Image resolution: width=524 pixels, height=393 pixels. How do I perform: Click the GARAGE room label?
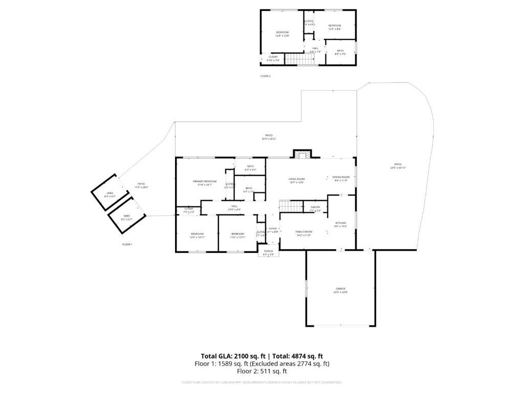(340, 289)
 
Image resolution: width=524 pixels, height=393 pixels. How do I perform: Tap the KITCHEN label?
(341, 223)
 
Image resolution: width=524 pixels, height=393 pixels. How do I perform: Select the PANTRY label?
(315, 207)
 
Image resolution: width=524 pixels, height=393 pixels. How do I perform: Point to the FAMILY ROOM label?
(304, 232)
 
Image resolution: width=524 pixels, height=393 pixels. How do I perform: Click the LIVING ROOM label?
(296, 179)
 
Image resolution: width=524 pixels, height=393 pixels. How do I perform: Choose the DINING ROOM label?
(341, 177)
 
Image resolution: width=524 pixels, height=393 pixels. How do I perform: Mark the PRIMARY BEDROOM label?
(205, 182)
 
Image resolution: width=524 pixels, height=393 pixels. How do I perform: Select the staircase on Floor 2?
(297, 59)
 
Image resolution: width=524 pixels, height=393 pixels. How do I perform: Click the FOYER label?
(273, 229)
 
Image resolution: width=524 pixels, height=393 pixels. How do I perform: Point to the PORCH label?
(269, 251)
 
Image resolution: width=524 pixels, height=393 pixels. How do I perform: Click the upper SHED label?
(110, 193)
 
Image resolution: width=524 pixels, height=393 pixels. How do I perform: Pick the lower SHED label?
(126, 216)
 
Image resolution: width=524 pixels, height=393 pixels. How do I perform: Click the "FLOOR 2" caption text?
(265, 76)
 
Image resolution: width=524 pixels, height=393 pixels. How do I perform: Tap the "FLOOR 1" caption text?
(127, 245)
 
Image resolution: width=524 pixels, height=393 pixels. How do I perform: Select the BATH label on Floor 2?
(340, 51)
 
